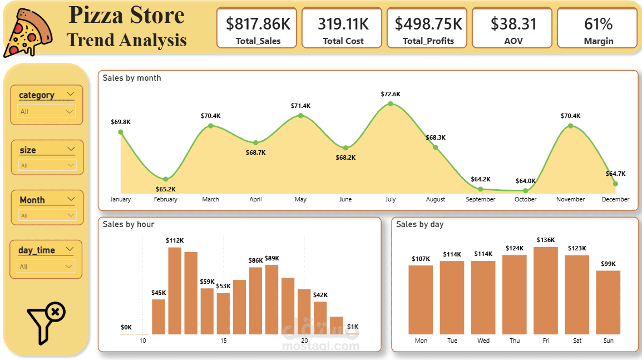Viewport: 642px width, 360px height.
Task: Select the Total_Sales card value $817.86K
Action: pyautogui.click(x=258, y=24)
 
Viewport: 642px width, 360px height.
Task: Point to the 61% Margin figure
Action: pyautogui.click(x=598, y=24)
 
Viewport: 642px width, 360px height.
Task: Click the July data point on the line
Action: pyautogui.click(x=391, y=104)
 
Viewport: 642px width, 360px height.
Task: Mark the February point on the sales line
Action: pyautogui.click(x=165, y=179)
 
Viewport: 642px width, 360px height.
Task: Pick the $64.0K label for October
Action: pyautogui.click(x=525, y=181)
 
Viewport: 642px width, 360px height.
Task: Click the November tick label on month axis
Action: pyautogui.click(x=570, y=199)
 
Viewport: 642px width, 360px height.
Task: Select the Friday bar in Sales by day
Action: pyautogui.click(x=546, y=290)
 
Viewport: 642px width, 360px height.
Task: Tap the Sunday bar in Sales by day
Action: pyautogui.click(x=608, y=302)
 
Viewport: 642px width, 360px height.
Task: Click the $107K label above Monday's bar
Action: pyautogui.click(x=421, y=259)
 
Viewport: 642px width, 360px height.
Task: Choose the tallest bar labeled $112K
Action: pyautogui.click(x=175, y=290)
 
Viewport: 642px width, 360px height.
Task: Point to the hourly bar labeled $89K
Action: pyautogui.click(x=271, y=299)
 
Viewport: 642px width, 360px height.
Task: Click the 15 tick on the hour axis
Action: pyautogui.click(x=223, y=341)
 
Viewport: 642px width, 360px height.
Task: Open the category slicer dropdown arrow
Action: pyautogui.click(x=70, y=94)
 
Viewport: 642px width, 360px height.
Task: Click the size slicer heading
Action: pyautogui.click(x=28, y=150)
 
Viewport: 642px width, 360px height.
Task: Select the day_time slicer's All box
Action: pyautogui.click(x=46, y=267)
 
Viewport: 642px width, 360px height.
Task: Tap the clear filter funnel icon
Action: pyautogui.click(x=46, y=322)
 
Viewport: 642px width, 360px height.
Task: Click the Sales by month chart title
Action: pyautogui.click(x=132, y=78)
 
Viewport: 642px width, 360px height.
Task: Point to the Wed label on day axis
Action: pyautogui.click(x=483, y=341)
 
